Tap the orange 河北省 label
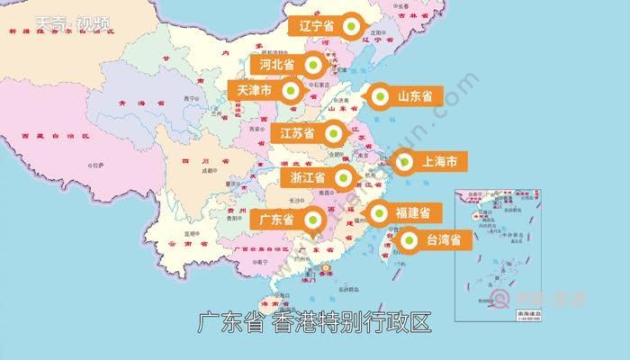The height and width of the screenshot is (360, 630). tap(277, 65)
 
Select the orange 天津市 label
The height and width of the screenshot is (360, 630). tap(256, 90)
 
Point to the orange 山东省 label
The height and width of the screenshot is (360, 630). tap(415, 95)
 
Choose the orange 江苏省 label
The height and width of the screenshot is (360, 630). tap(296, 134)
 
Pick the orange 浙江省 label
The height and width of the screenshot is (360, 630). tap(308, 177)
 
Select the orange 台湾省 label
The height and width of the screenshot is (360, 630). tap(443, 240)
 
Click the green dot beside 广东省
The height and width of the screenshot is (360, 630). tap(313, 220)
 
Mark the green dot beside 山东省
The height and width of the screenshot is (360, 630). tap(379, 95)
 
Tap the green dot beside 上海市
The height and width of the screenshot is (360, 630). tap(404, 163)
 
